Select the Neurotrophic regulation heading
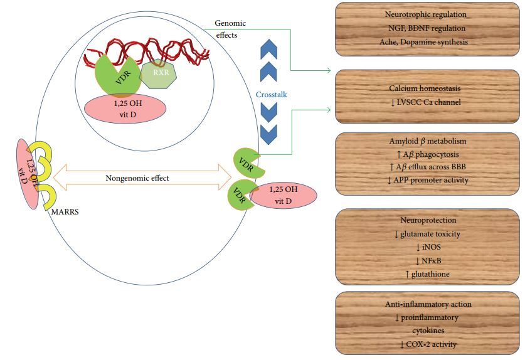(x=427, y=14)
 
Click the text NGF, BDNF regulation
(x=427, y=28)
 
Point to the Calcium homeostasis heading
(x=427, y=88)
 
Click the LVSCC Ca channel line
(x=427, y=102)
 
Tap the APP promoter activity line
(x=427, y=180)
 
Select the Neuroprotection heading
(x=427, y=221)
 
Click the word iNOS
(x=427, y=248)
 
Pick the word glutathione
(x=427, y=274)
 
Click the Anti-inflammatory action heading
(x=427, y=304)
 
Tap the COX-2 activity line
(x=427, y=344)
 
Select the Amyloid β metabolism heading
(x=427, y=140)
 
